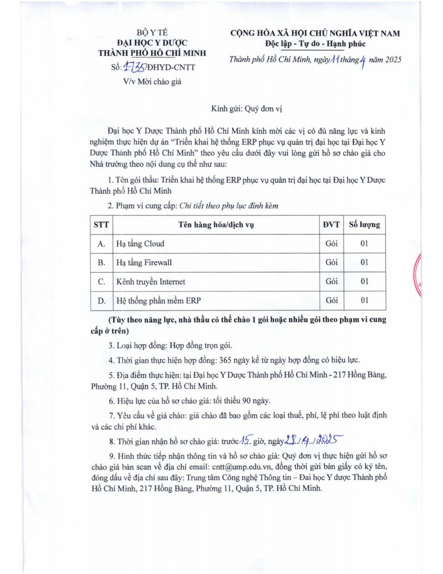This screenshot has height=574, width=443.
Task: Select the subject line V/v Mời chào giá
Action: [152, 81]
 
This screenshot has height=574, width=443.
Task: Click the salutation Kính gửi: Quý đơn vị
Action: [247, 109]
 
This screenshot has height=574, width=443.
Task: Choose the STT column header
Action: [101, 224]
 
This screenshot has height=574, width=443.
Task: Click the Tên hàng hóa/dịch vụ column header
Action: [216, 224]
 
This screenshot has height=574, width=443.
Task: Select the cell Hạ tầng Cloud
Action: [140, 243]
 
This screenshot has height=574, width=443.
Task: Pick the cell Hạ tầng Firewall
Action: [144, 263]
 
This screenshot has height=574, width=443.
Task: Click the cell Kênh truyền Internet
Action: [151, 282]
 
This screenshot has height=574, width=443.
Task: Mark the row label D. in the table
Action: [101, 301]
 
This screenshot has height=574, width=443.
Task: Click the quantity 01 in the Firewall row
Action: [364, 263]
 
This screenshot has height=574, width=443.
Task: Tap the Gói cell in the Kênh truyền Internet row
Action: [331, 282]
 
